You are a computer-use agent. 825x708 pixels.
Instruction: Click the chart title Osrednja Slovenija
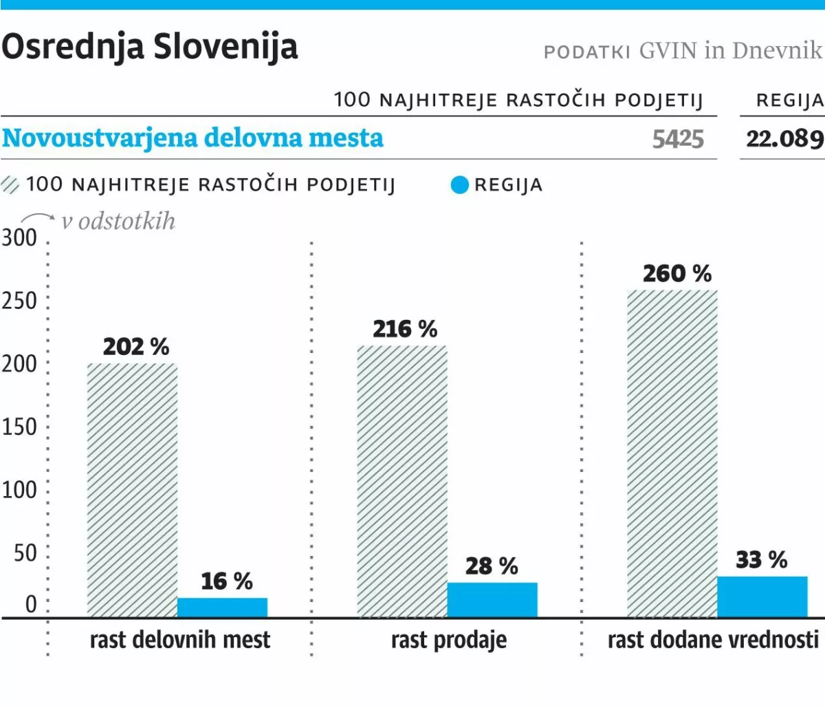(150, 47)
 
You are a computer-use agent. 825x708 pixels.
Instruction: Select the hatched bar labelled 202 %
(132, 490)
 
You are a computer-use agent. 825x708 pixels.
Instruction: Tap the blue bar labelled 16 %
(222, 608)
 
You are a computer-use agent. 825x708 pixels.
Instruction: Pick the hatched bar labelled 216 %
(402, 481)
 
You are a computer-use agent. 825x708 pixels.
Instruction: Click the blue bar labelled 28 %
(492, 600)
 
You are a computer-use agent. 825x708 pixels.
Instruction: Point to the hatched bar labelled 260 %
(672, 453)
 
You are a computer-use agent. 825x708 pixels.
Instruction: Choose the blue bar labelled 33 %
(762, 597)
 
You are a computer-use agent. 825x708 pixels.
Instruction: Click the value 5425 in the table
(678, 139)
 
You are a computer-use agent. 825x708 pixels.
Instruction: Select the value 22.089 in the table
(784, 139)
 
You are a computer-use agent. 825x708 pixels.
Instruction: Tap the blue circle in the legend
(459, 185)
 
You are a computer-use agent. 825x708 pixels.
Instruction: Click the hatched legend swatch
(11, 185)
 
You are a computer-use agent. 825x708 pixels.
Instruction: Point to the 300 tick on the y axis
(19, 238)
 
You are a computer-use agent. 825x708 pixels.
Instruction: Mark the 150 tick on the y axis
(19, 427)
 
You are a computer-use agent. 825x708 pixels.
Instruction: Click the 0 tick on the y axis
(31, 604)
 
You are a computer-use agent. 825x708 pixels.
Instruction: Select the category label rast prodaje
(449, 640)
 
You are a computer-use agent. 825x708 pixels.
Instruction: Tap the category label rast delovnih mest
(180, 640)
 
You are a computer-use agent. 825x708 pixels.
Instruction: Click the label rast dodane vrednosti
(713, 640)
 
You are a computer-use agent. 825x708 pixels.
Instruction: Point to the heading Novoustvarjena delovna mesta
(192, 138)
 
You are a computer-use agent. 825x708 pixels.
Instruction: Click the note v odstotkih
(118, 222)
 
